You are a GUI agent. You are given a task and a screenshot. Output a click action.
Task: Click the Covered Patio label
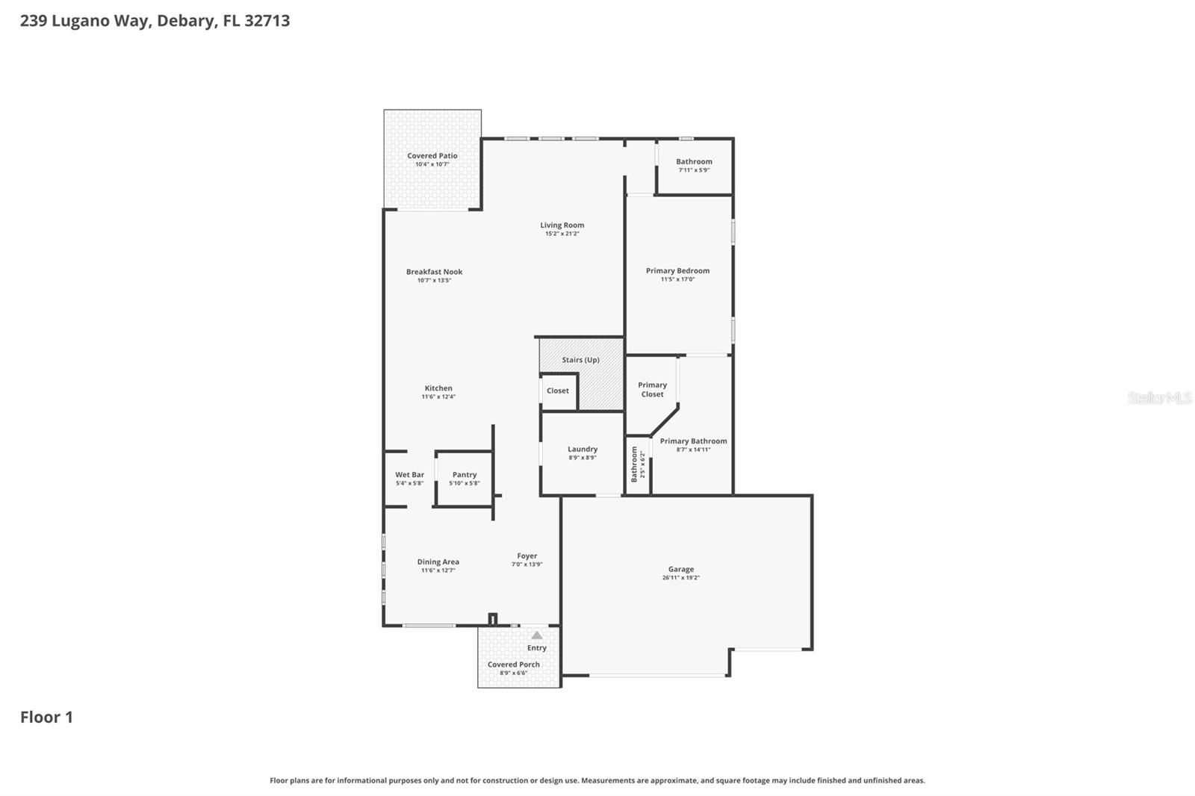tap(432, 156)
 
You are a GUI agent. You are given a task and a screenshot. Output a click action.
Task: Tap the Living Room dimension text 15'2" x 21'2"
tap(562, 234)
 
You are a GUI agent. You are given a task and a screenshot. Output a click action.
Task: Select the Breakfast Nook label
tap(434, 272)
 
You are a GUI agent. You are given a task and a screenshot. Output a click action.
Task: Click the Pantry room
tap(464, 478)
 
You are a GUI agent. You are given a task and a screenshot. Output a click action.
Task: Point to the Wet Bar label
tap(409, 475)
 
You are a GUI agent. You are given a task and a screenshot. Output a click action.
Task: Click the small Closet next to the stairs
tap(558, 391)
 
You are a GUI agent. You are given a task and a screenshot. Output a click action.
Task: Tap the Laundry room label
tap(582, 450)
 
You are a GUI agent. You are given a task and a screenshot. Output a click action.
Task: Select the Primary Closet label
tap(652, 390)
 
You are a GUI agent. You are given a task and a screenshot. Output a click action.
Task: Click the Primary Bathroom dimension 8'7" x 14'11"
tap(692, 450)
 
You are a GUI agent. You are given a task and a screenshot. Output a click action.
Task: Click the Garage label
tap(680, 569)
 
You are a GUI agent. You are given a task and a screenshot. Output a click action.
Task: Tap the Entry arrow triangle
tap(536, 635)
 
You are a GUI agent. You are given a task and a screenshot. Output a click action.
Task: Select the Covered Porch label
tap(513, 665)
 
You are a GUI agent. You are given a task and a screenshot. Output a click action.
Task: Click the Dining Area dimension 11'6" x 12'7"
tap(438, 570)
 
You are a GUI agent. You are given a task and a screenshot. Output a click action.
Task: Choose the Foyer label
tap(527, 556)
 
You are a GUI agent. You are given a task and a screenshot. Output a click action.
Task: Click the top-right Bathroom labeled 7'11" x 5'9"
tap(694, 165)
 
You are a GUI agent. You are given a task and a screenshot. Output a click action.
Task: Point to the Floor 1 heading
tap(46, 717)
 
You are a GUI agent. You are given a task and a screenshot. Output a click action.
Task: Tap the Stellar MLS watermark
tap(1159, 398)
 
